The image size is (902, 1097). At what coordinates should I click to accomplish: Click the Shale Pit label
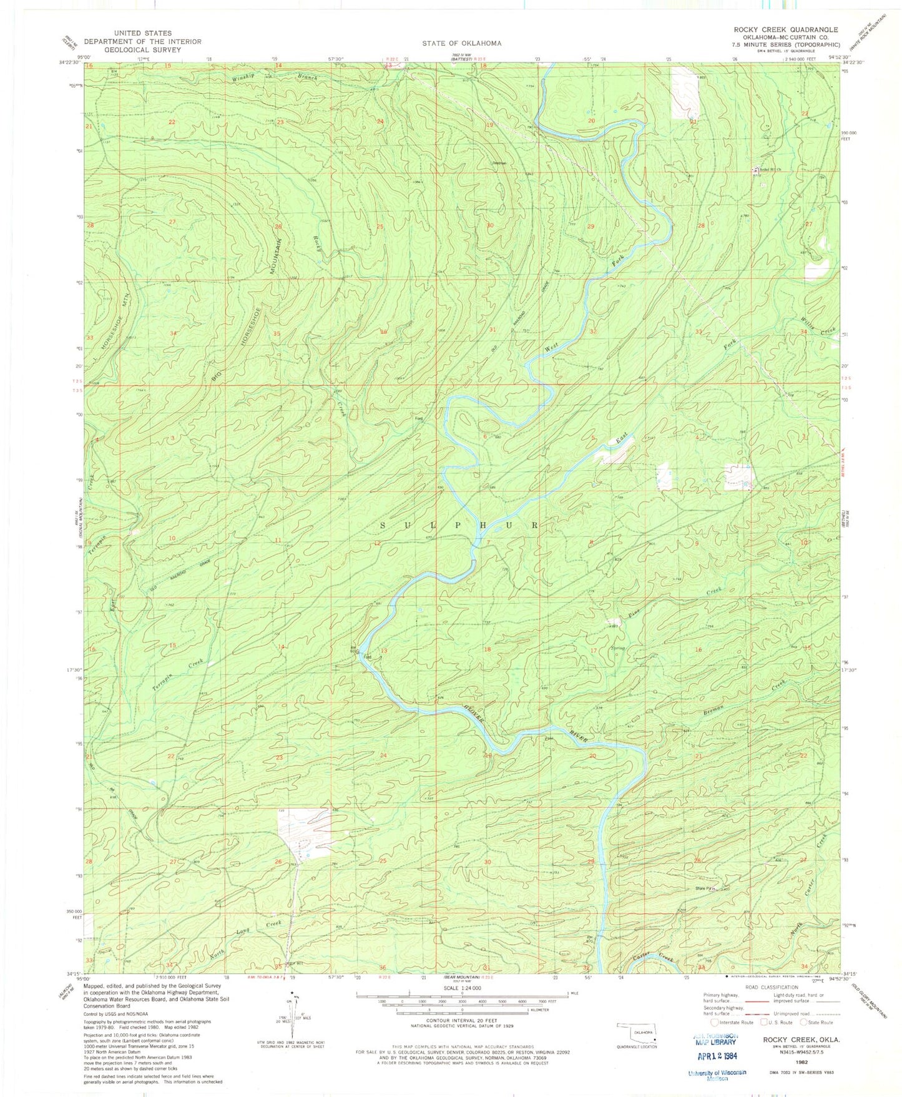(x=705, y=889)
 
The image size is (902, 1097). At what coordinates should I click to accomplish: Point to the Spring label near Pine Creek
(x=617, y=648)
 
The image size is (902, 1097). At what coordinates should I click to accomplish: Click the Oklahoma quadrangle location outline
(x=638, y=1032)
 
